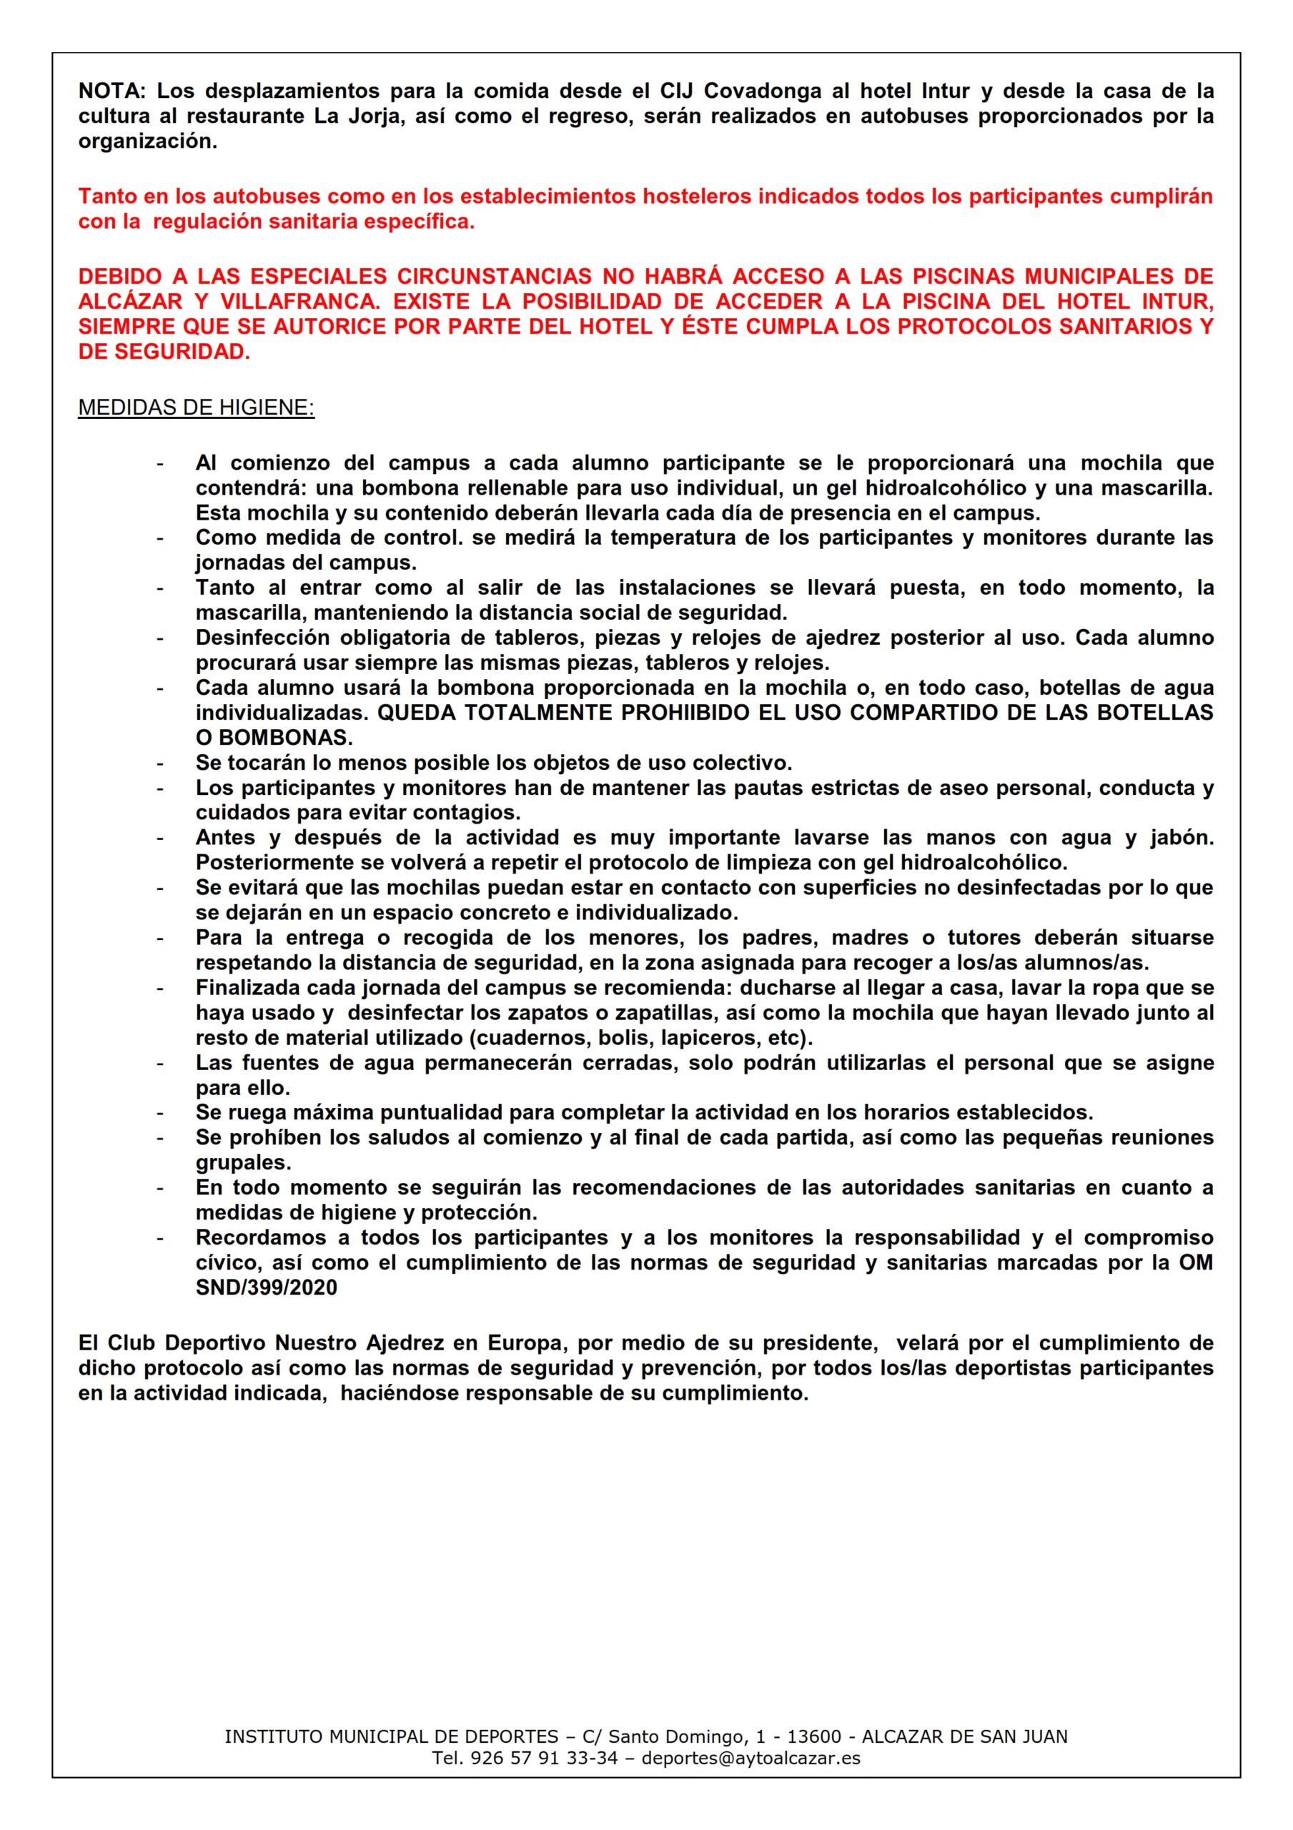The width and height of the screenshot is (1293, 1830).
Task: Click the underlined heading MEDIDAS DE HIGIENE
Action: point(196,407)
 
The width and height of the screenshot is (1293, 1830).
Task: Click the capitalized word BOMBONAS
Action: point(285,737)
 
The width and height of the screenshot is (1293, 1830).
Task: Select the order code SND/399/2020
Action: point(267,1287)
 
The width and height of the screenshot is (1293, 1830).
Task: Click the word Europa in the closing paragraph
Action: point(525,1343)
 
